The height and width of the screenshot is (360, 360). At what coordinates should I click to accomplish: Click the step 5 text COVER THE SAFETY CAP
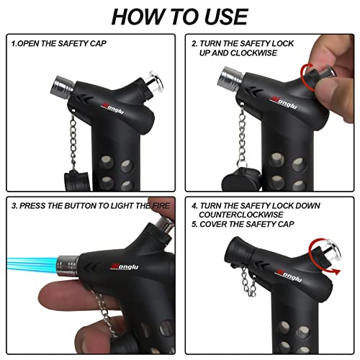[x=249, y=225]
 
